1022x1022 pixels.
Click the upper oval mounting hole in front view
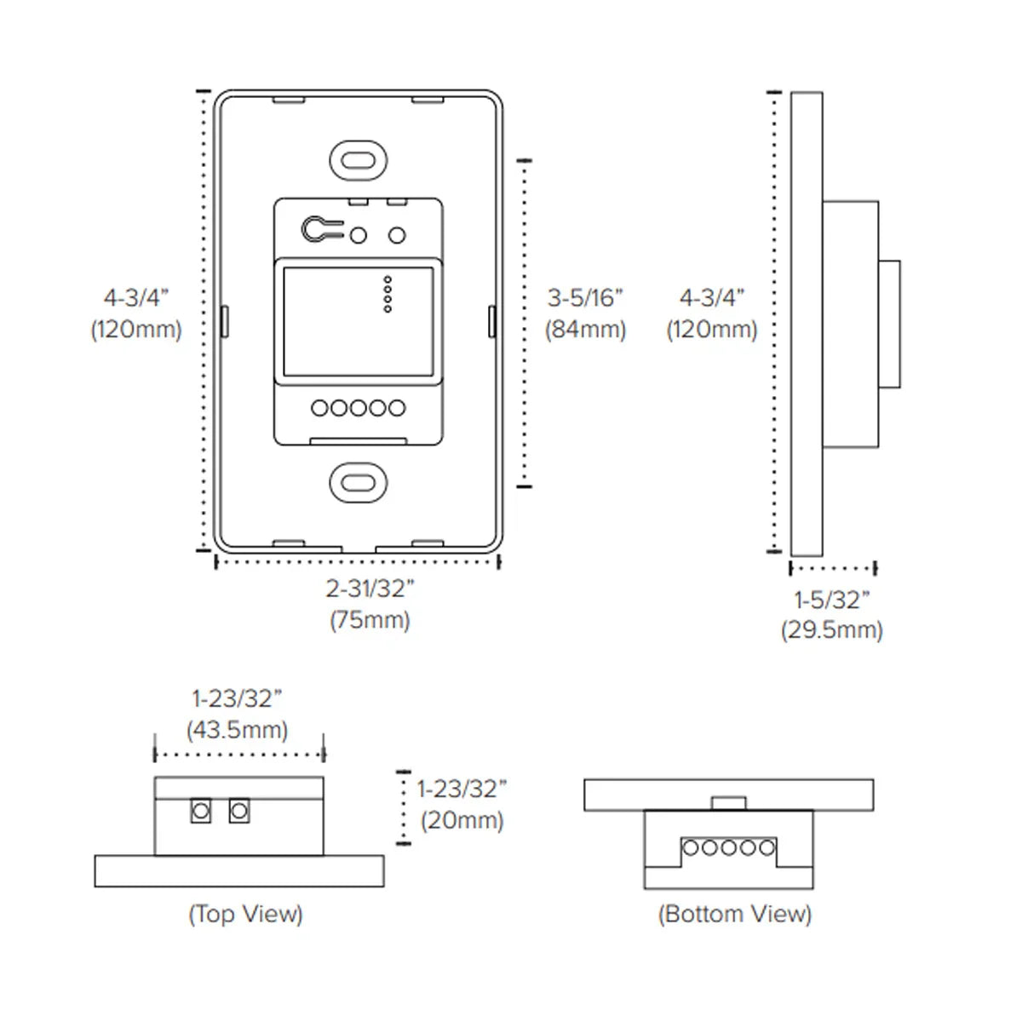(359, 160)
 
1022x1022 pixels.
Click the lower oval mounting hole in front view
(359, 483)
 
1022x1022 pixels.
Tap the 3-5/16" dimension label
(585, 297)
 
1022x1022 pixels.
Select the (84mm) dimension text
(585, 329)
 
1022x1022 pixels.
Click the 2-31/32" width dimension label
(370, 589)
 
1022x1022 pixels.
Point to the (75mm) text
(370, 620)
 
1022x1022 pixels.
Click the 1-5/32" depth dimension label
(832, 600)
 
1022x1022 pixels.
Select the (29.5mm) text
(832, 630)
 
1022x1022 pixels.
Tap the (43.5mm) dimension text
(237, 730)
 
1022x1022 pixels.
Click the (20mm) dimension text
(462, 820)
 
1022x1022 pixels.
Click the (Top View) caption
(245, 914)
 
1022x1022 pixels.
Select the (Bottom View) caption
(734, 914)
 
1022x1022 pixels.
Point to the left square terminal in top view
(201, 810)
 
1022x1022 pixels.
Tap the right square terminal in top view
(239, 810)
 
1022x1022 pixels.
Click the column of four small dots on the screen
(388, 294)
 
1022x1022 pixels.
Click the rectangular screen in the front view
(358, 321)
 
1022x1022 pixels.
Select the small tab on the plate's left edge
(224, 321)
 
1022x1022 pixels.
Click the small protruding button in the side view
(889, 324)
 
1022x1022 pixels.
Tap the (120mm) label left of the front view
(136, 329)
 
